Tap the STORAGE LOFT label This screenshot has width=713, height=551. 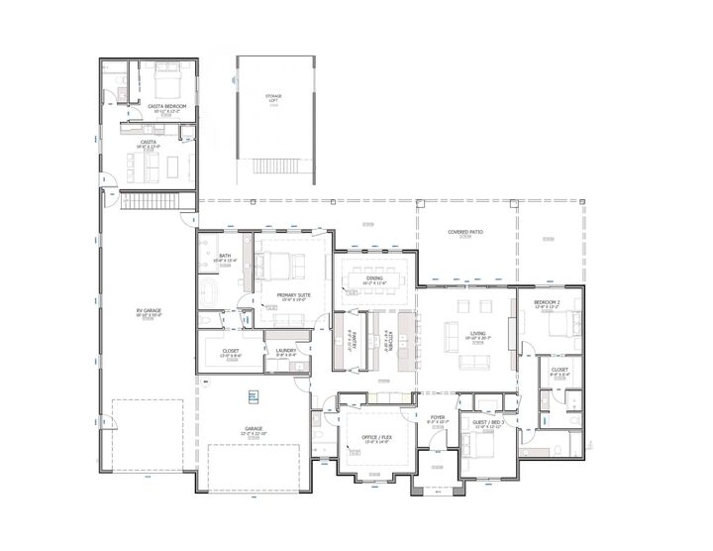coord(272,97)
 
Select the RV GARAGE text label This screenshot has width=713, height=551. coord(149,311)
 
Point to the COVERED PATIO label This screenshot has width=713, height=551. coord(464,232)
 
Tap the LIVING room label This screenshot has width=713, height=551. coord(478,334)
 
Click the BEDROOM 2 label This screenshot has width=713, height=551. coord(547,302)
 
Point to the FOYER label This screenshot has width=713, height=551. coord(437,417)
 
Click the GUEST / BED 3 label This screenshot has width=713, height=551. coord(488,423)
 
